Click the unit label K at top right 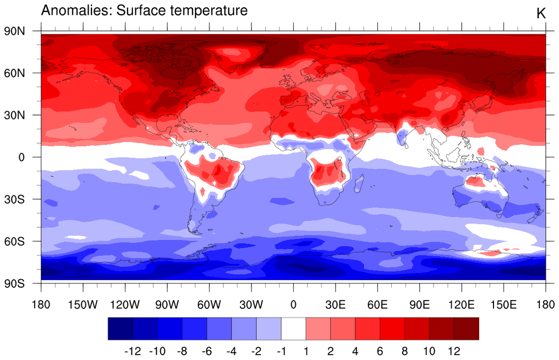coord(541,14)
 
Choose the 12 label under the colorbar coord(453,351)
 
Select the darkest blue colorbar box coord(120,329)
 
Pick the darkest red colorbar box coord(466,329)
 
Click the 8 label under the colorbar coord(404,351)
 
